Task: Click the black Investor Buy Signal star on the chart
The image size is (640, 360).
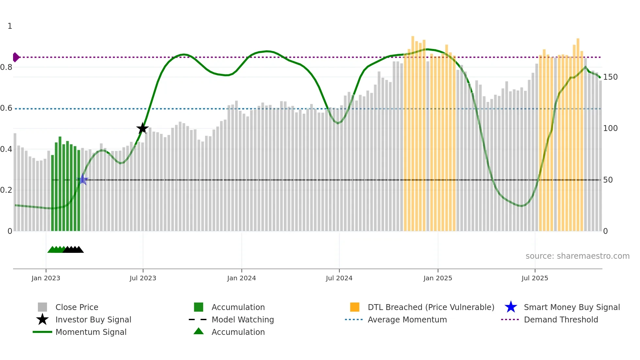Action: (x=142, y=128)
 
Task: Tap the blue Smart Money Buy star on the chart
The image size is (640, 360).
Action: (x=83, y=180)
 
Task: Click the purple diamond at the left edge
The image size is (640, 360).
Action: (x=16, y=57)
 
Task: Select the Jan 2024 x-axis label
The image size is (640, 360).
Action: (x=241, y=278)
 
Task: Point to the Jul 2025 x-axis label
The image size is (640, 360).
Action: (x=535, y=278)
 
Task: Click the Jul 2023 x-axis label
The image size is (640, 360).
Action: (x=143, y=278)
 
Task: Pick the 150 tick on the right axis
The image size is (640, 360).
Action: (x=610, y=77)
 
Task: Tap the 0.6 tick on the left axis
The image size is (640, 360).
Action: (x=7, y=108)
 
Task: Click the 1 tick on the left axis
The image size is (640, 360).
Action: (x=10, y=26)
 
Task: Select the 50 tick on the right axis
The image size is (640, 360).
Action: (x=608, y=180)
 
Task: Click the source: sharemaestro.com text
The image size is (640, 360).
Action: (x=577, y=256)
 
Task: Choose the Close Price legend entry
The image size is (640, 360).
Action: (x=77, y=307)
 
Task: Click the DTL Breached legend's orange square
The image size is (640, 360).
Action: (x=354, y=307)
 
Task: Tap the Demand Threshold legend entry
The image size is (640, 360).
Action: (x=561, y=319)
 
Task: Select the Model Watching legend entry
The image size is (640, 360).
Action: (x=243, y=319)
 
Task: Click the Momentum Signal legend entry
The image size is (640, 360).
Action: (x=91, y=332)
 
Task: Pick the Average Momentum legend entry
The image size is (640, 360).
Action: (x=407, y=319)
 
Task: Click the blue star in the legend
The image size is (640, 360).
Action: (x=511, y=307)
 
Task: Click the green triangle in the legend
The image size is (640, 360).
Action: (x=199, y=331)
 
